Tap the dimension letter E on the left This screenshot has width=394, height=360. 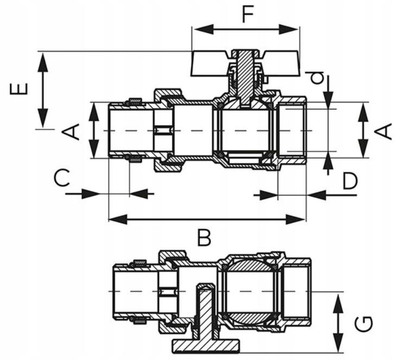pos(19,89)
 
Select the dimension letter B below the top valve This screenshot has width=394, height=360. pos(204,237)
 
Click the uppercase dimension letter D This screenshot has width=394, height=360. pos(350,181)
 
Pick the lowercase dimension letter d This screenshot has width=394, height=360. pos(316,78)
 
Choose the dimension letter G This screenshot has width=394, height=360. pos(364,324)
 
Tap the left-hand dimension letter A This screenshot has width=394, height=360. pos(71,132)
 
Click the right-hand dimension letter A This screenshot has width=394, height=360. pos(384,131)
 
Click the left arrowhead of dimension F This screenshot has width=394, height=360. pos(204,29)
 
